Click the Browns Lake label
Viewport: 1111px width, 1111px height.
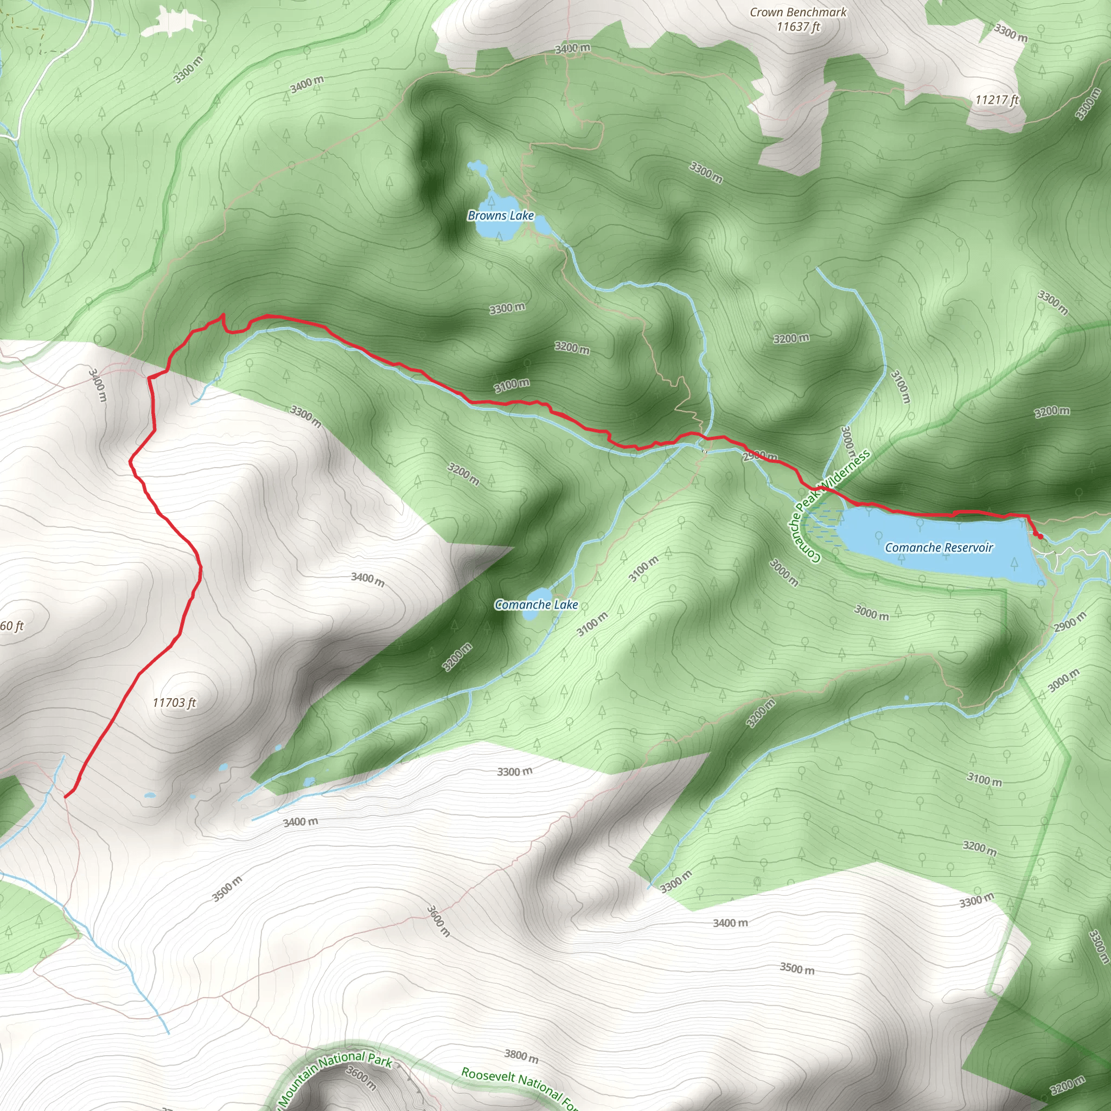[501, 216]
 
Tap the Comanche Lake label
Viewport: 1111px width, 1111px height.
[536, 604]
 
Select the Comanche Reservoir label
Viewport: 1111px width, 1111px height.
[938, 547]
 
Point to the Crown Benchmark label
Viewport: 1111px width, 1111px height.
[798, 12]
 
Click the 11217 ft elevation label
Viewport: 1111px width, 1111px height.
[997, 100]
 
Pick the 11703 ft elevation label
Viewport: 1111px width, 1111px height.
[174, 703]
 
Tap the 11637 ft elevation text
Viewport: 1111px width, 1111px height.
[798, 27]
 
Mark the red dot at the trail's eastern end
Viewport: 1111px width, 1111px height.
[1040, 536]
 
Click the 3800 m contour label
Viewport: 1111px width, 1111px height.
[521, 1056]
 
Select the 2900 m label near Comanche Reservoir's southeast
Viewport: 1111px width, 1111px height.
[1070, 622]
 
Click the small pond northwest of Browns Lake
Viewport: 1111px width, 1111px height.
[477, 167]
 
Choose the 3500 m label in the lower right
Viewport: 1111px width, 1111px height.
[796, 968]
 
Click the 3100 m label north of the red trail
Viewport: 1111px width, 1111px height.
[511, 385]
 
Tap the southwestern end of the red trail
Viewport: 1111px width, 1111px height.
[66, 797]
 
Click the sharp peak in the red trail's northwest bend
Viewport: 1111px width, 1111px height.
[223, 315]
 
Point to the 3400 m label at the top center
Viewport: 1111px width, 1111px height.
[572, 48]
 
